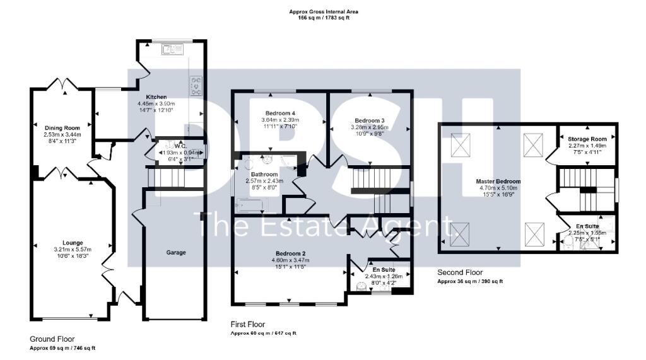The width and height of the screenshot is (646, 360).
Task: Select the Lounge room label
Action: pyautogui.click(x=73, y=241)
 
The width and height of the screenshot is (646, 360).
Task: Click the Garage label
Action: pyautogui.click(x=175, y=252)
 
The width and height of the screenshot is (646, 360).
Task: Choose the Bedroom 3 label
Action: pyautogui.click(x=369, y=120)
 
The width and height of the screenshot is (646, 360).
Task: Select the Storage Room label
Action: pyautogui.click(x=587, y=139)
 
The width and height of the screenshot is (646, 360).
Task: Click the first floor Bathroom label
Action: pyautogui.click(x=264, y=174)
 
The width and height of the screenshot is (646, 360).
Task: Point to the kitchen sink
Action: pyautogui.click(x=170, y=49)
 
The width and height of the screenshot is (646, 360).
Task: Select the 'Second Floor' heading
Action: pyautogui.click(x=461, y=272)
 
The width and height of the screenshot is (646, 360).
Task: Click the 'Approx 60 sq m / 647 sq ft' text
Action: pyautogui.click(x=263, y=333)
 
